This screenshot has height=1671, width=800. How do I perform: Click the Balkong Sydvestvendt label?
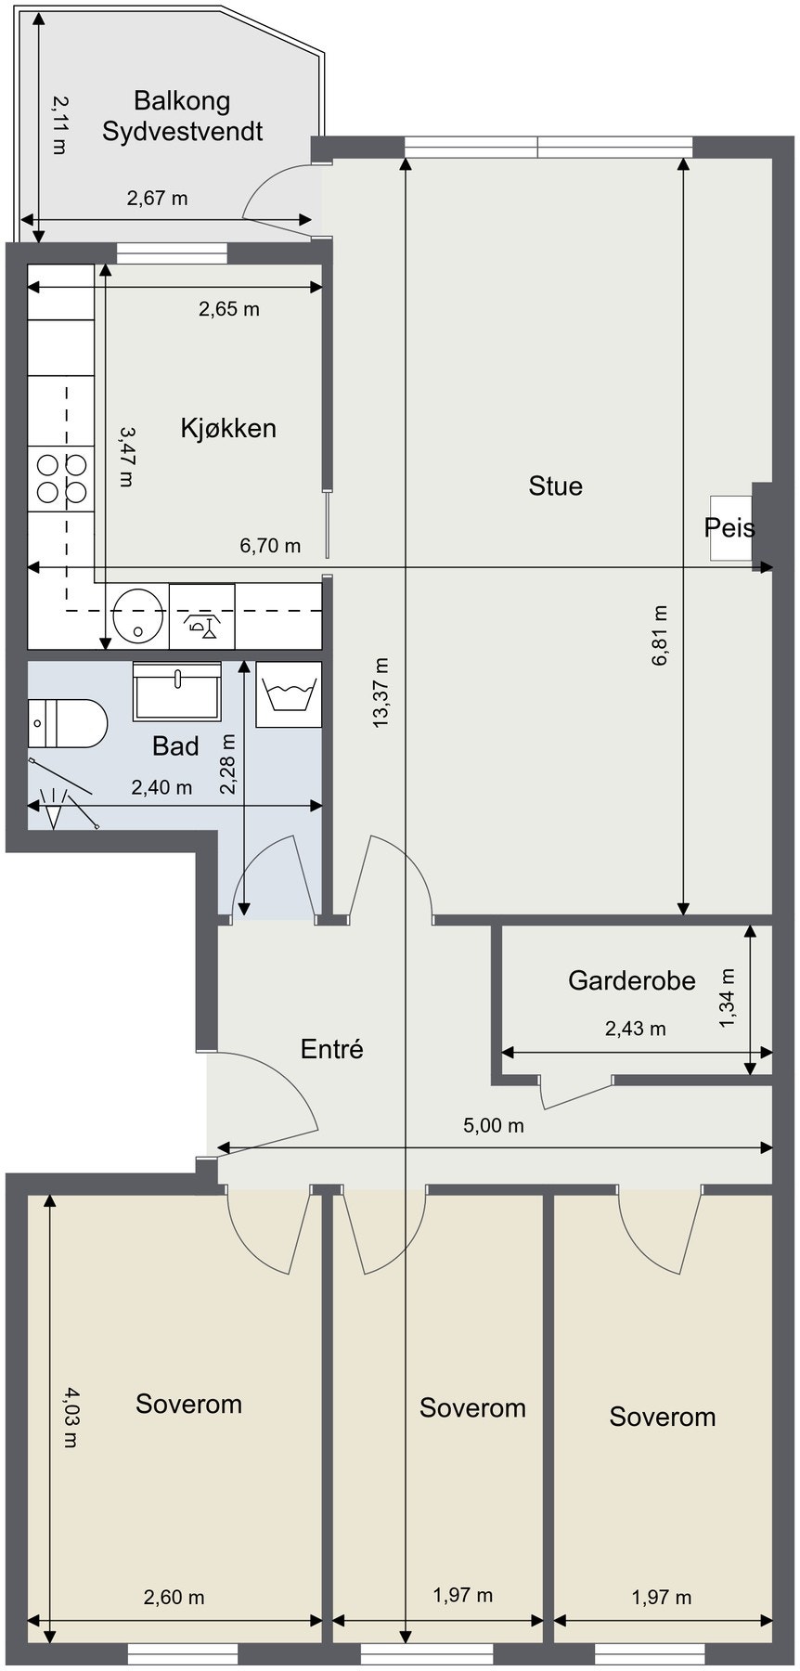[182, 115]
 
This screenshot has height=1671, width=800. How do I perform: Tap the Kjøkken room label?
[228, 428]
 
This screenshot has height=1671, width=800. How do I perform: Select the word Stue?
[555, 486]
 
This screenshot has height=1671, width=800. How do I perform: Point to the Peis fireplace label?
[729, 527]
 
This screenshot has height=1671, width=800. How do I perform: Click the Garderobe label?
[632, 980]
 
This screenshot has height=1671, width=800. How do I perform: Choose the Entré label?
[332, 1049]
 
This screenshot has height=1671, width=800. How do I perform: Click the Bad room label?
[175, 745]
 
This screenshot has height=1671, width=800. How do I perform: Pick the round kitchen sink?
[138, 615]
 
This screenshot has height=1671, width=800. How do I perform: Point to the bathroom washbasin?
[177, 692]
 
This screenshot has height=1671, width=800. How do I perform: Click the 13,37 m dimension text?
[381, 693]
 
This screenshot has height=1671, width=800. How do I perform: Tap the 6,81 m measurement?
[660, 636]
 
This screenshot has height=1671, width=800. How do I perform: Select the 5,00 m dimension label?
[494, 1125]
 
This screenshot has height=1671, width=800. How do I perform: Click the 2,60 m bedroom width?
[174, 1597]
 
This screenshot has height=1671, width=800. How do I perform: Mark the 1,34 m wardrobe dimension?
[727, 999]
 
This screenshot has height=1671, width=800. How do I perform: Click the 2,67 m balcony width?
[157, 197]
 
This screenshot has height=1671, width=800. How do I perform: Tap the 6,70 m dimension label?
[270, 545]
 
